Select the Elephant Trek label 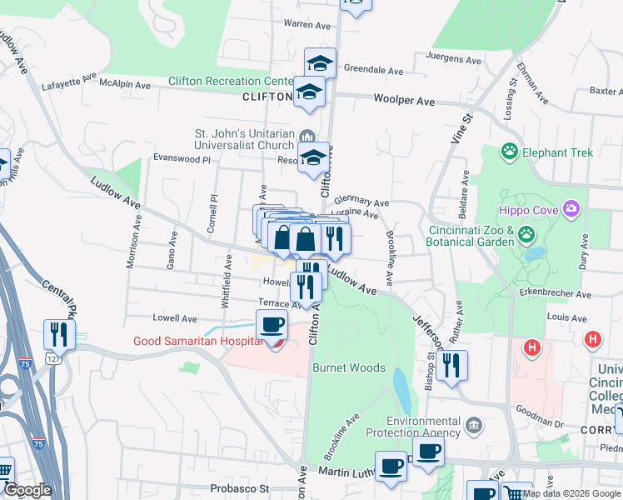click(x=557, y=152)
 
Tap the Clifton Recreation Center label click(x=229, y=81)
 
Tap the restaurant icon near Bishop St click(x=451, y=364)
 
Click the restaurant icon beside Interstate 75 click(x=59, y=334)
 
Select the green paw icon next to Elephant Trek click(x=509, y=152)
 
